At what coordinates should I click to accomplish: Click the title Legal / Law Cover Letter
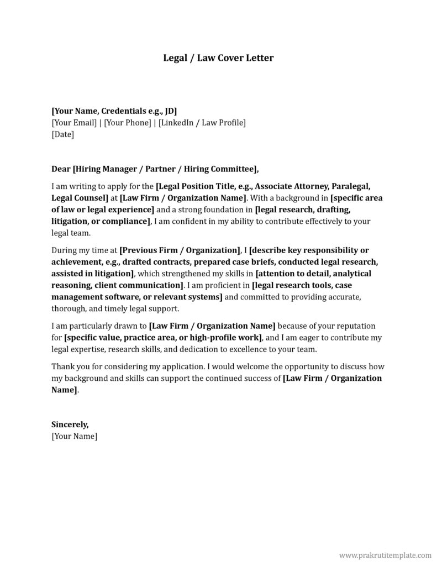[x=218, y=57]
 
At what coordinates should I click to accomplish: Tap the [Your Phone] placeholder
[x=127, y=122]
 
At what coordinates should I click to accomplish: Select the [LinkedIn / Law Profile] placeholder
[x=202, y=122]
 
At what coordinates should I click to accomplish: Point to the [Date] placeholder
[x=62, y=134]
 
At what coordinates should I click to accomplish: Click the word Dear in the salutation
[x=61, y=169]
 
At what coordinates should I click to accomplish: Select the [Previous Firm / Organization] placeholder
[x=180, y=249]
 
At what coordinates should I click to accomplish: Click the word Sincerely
[x=70, y=424]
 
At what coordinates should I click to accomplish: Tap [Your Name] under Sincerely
[x=74, y=436]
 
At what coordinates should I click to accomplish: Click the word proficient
[x=228, y=285]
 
